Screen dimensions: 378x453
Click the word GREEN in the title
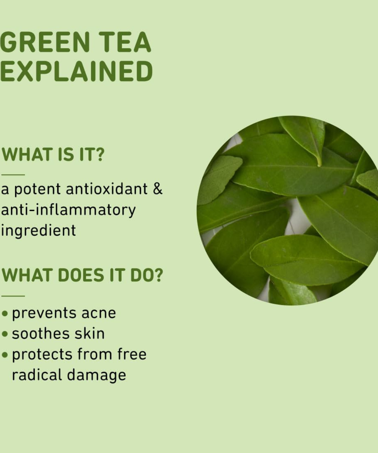click(44, 42)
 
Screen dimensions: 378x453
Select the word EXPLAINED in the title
click(76, 71)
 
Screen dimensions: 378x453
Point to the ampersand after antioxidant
click(157, 189)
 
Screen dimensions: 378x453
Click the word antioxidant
click(107, 189)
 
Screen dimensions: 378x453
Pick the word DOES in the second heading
click(81, 275)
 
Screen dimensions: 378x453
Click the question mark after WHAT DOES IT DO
click(158, 275)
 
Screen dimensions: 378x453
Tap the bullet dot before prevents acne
click(5, 314)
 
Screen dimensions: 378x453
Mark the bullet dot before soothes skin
click(5, 334)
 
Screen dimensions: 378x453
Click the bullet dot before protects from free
click(5, 355)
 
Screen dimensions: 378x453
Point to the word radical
click(37, 375)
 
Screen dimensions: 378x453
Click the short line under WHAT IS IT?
click(13, 175)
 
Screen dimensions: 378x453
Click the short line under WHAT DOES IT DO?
click(13, 296)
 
